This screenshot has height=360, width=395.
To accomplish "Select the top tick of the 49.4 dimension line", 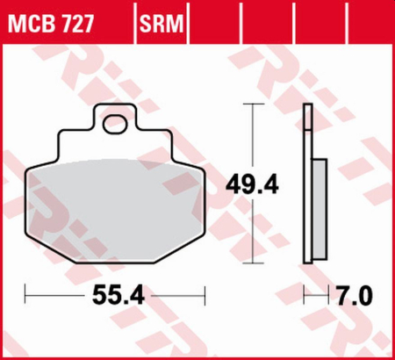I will coord(254,104).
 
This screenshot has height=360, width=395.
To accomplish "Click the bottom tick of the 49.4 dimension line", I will coord(254,263).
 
